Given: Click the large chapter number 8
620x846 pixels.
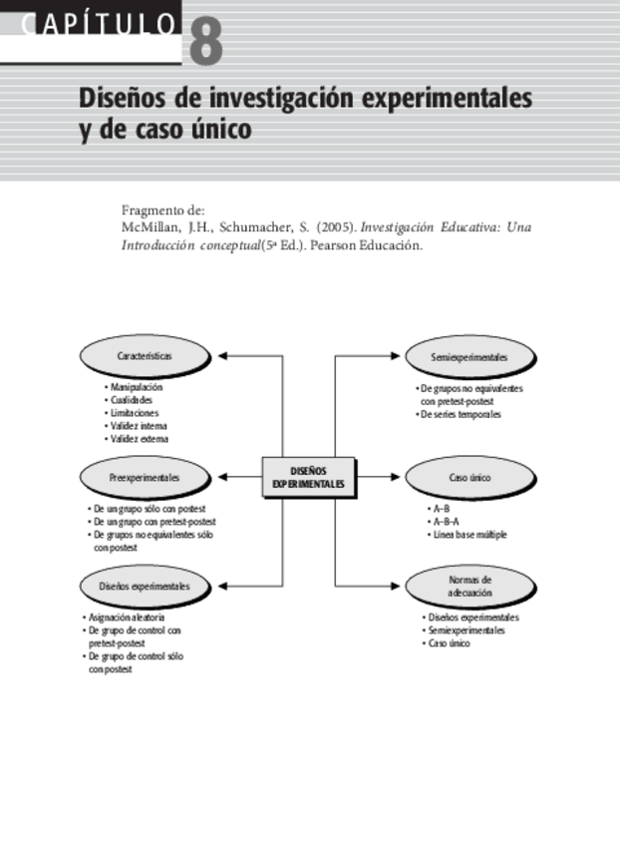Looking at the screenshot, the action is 203,41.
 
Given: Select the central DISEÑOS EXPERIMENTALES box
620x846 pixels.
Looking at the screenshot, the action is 309,477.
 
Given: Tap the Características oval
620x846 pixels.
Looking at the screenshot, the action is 145,356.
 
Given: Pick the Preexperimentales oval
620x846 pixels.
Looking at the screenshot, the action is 146,478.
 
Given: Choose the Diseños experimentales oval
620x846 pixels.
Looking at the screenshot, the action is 145,586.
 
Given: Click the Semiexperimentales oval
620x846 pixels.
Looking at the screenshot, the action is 469,356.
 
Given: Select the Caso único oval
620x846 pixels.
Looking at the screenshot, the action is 469,478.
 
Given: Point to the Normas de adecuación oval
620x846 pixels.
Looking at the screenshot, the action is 469,586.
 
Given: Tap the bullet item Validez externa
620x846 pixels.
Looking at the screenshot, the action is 139,438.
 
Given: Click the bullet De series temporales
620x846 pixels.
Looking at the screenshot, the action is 460,414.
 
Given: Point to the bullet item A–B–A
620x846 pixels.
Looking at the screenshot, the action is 445,522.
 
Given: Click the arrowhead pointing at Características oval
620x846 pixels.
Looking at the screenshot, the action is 223,356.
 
